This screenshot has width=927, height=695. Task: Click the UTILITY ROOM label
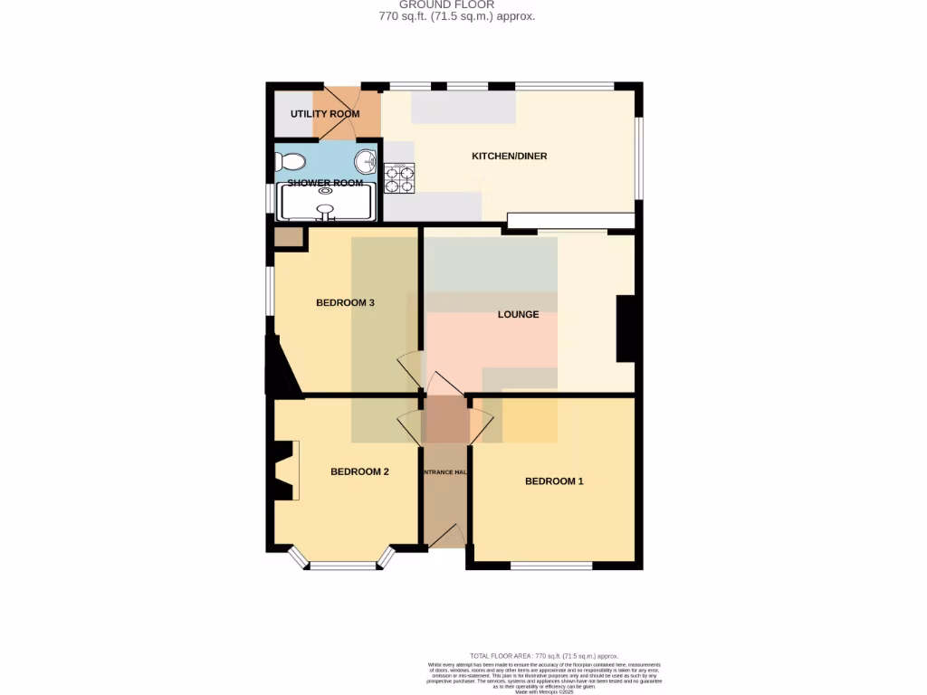click(x=325, y=114)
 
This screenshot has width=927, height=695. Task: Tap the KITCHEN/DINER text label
click(x=510, y=157)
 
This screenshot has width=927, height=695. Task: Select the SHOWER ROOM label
click(x=325, y=183)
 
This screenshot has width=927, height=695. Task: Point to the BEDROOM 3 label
click(x=345, y=303)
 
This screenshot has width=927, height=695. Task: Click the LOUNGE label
click(x=518, y=315)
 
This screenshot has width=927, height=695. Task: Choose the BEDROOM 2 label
click(x=359, y=471)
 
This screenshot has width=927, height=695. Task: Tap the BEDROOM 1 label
click(x=554, y=481)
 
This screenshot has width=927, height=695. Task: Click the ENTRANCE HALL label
click(x=444, y=473)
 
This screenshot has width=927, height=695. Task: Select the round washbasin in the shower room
click(x=367, y=162)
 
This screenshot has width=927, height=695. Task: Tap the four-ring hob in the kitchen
click(x=399, y=177)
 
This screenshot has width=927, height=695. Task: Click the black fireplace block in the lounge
click(x=628, y=328)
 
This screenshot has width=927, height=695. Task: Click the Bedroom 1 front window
click(x=550, y=566)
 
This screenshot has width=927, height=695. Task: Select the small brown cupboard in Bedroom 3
click(x=289, y=238)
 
